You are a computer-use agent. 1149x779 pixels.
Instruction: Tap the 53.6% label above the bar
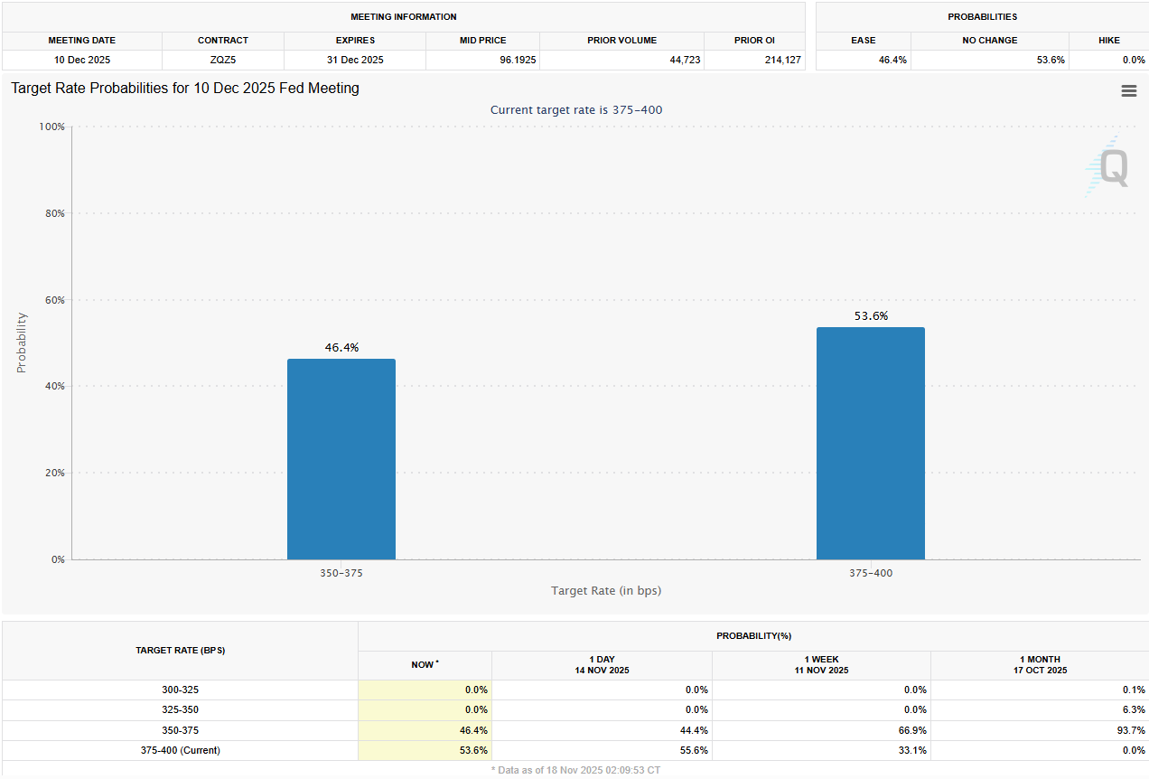coord(871,315)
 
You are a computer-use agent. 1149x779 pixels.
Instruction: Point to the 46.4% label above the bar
coord(341,347)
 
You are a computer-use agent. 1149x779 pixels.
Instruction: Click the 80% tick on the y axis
coord(52,213)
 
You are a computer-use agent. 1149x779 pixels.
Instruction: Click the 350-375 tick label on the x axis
coord(341,573)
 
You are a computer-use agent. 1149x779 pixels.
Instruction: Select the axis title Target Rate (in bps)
coord(605,590)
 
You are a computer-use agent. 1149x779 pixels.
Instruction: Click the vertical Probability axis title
coord(22,343)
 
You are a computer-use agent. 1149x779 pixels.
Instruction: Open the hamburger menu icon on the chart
coord(1128,90)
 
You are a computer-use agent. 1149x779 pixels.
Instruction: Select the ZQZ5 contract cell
coord(223,60)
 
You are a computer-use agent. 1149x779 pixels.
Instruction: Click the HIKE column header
coord(1108,41)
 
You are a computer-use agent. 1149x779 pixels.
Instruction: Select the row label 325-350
coord(180,709)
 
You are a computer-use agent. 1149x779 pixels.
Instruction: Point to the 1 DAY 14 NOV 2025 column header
coord(602,665)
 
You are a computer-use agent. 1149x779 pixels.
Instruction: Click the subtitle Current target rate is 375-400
coord(577,109)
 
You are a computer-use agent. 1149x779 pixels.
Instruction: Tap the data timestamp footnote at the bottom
coord(575,770)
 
